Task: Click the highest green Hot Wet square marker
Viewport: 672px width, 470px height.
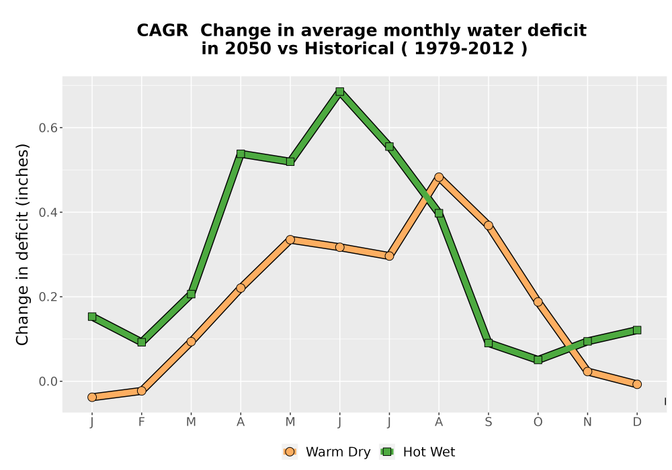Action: [x=340, y=91]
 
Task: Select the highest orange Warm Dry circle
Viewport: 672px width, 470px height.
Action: [x=439, y=177]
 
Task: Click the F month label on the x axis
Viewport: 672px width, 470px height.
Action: [x=141, y=422]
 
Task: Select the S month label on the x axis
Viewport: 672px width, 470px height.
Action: [x=488, y=422]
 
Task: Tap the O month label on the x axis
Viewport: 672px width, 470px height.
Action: [x=538, y=422]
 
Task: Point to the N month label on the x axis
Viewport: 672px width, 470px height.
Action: [x=587, y=422]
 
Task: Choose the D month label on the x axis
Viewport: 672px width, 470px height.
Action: [x=637, y=422]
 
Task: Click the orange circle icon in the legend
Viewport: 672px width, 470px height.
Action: [x=290, y=452]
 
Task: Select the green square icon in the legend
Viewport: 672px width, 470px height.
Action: [x=388, y=452]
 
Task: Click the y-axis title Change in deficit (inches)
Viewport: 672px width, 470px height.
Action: [x=22, y=244]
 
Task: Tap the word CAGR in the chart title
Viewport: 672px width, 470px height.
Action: [x=163, y=31]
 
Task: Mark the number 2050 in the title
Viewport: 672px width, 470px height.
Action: [x=249, y=49]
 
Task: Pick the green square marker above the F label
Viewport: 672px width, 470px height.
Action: [x=141, y=342]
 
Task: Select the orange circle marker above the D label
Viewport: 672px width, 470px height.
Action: [x=637, y=384]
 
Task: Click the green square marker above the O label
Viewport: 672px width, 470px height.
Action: [x=538, y=360]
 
